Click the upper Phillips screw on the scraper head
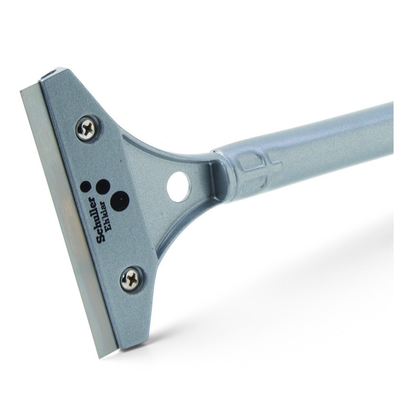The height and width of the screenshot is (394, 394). (86, 127)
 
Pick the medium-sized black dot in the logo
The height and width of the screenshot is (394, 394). (103, 186)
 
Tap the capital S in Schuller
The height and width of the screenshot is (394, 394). (101, 238)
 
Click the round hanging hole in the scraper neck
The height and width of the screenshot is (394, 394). (178, 187)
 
